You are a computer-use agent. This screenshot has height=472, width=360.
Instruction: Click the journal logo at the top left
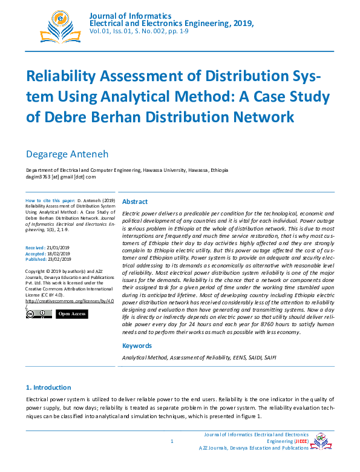coord(59,24)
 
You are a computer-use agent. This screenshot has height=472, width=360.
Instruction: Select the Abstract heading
coord(135,202)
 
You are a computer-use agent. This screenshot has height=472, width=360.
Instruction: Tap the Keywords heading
coord(137,346)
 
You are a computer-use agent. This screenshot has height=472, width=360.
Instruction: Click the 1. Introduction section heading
coord(48,387)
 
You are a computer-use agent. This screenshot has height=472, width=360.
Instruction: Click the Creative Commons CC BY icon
coord(39,314)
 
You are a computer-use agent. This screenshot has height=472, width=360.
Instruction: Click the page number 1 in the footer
coord(172,441)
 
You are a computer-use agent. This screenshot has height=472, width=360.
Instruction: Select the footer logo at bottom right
coord(321,442)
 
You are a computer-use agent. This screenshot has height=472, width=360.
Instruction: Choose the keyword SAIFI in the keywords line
coord(269,358)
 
